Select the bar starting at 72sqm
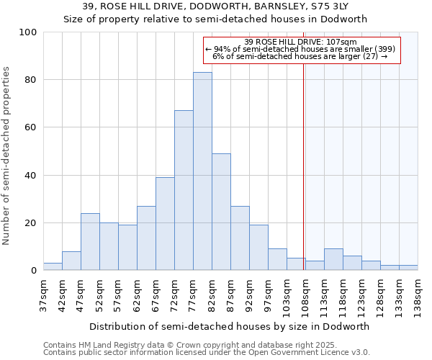click(184, 190)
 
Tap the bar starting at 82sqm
click(221, 212)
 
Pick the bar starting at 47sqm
click(90, 241)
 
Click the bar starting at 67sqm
click(165, 223)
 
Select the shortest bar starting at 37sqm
click(53, 266)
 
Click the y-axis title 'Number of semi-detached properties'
click(7, 156)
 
